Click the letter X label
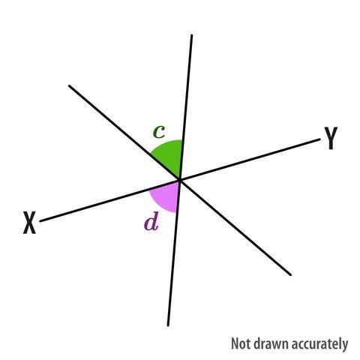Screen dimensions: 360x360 [29, 223]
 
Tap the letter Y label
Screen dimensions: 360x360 [331, 138]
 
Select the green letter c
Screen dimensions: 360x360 [159, 132]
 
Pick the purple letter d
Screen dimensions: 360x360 [151, 221]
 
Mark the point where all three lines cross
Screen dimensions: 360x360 [180, 179]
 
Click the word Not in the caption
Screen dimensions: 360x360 [241, 343]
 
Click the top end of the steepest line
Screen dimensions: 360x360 [192, 35]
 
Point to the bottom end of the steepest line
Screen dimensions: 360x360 [168, 325]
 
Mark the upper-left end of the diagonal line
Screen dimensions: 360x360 [69, 85]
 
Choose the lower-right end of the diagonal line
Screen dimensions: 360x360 [290, 275]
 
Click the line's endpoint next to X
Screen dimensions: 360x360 [40, 221]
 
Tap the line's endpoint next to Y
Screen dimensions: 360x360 [319, 139]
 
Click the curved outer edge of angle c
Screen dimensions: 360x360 [165, 143]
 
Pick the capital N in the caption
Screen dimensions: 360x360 [234, 343]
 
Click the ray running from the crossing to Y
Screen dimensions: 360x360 [250, 159]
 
